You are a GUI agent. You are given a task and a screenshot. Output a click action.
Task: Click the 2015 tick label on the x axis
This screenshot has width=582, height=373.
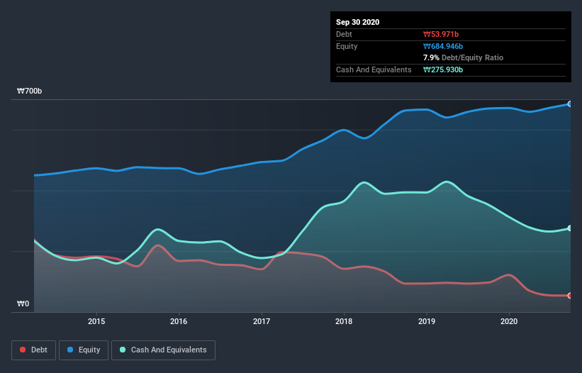click(96, 321)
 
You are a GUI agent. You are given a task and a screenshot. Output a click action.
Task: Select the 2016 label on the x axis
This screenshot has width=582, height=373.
click(179, 321)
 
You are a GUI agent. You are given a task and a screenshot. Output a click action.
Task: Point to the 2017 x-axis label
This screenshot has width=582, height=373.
click(262, 321)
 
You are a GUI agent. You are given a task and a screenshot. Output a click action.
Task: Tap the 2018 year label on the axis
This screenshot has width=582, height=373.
click(344, 321)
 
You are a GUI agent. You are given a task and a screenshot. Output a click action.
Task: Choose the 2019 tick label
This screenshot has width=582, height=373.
click(427, 321)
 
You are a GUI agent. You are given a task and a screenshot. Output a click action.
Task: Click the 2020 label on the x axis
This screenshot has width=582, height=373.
click(509, 321)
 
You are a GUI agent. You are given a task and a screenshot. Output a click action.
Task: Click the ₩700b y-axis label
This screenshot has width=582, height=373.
click(29, 91)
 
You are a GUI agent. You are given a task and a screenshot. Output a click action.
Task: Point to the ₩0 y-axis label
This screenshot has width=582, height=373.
click(23, 304)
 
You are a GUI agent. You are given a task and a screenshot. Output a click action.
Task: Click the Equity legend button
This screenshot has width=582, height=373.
click(84, 350)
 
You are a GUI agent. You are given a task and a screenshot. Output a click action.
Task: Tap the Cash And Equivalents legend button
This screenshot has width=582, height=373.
click(163, 350)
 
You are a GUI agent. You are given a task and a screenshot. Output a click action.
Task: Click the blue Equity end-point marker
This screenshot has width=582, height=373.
click(570, 104)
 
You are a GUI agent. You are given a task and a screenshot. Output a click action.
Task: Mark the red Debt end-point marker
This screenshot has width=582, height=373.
click(570, 296)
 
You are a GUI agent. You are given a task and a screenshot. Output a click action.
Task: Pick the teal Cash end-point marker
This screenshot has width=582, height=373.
click(570, 228)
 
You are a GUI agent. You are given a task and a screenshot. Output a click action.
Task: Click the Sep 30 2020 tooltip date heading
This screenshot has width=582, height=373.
click(357, 22)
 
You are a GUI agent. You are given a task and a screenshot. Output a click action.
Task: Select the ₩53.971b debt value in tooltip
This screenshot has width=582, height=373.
click(442, 34)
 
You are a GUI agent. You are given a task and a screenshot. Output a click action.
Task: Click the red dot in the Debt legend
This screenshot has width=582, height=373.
click(23, 350)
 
